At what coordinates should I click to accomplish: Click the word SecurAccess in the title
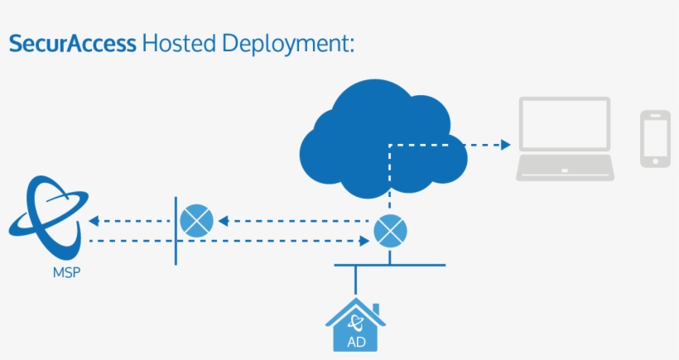73,43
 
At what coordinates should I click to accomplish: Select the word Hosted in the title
179,43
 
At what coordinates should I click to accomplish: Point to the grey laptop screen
565,124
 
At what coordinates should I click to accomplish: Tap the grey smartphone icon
655,138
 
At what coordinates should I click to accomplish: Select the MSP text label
67,272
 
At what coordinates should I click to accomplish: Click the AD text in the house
356,343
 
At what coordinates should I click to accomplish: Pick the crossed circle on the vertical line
196,221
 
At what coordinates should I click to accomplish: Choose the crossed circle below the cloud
390,231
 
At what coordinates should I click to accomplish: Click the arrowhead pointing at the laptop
506,145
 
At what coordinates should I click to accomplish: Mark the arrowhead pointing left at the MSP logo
94,221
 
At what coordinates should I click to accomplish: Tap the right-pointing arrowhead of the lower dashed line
364,241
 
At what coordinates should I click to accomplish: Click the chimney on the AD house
376,310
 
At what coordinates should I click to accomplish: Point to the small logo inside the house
355,323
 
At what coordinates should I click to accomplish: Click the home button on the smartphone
656,161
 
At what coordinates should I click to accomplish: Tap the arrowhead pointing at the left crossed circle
224,221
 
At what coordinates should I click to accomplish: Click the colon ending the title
351,46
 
